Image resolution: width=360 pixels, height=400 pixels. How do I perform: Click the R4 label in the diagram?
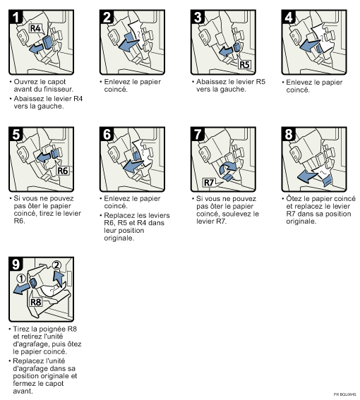click(36, 29)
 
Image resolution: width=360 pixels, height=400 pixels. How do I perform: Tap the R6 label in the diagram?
click(61, 170)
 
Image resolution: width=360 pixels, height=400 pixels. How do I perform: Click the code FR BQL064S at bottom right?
click(345, 394)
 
